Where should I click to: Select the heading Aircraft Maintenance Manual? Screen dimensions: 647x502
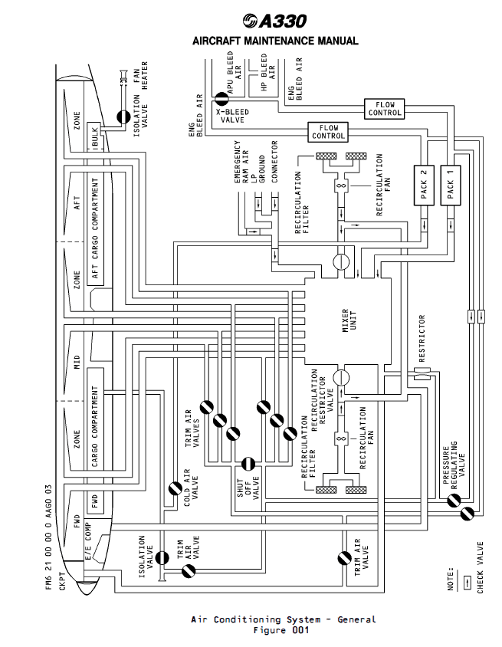pyautogui.click(x=275, y=41)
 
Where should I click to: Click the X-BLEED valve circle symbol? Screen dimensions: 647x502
pyautogui.click(x=220, y=97)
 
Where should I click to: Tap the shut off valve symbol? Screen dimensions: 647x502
pyautogui.click(x=248, y=464)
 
